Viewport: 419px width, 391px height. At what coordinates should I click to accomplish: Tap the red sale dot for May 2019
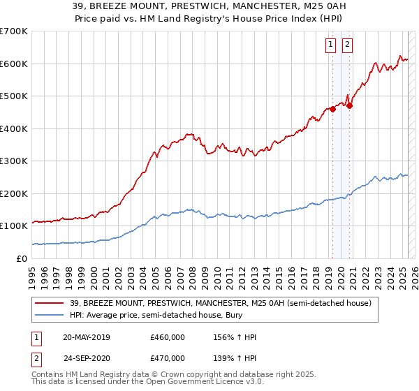point(333,109)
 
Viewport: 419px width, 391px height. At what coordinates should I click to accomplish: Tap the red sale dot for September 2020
point(349,105)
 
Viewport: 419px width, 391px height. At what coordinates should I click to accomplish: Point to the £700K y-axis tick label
point(14,31)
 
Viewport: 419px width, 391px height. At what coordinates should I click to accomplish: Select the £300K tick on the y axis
point(14,161)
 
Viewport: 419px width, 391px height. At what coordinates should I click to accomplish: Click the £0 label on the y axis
point(22,258)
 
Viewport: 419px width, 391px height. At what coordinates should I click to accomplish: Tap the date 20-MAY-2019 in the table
point(87,337)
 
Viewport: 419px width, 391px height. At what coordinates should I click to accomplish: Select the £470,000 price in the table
point(167,360)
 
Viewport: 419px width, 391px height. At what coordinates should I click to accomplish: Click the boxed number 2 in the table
point(36,360)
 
